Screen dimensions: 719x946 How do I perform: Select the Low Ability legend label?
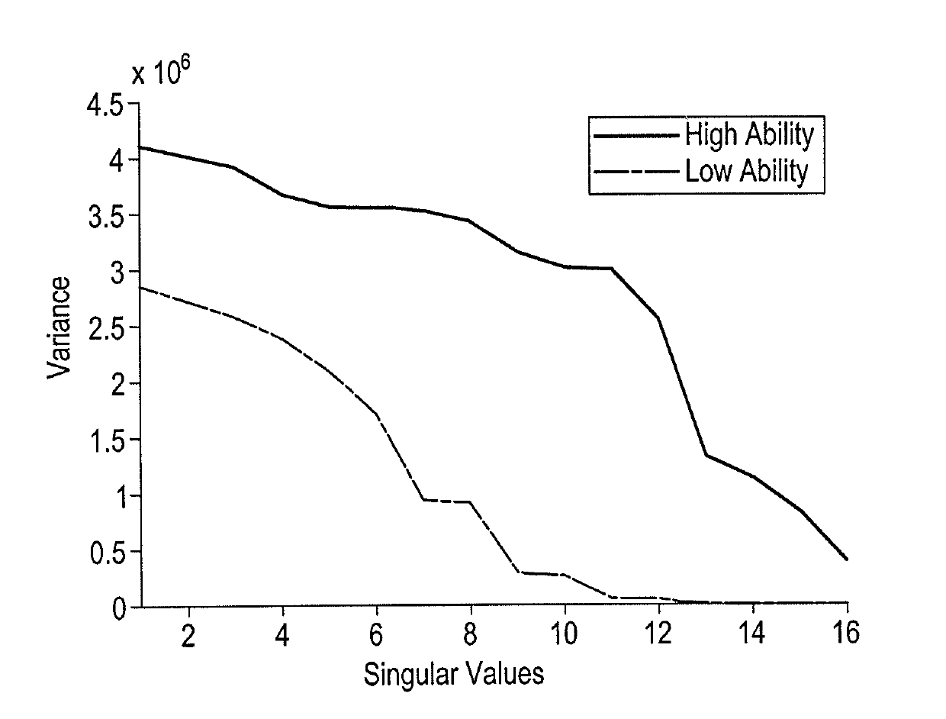746,172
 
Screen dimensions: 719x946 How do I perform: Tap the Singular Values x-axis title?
453,675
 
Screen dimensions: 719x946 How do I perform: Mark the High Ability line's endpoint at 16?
847,559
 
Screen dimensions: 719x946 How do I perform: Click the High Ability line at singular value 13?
706,455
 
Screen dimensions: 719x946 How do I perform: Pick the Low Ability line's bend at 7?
424,500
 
